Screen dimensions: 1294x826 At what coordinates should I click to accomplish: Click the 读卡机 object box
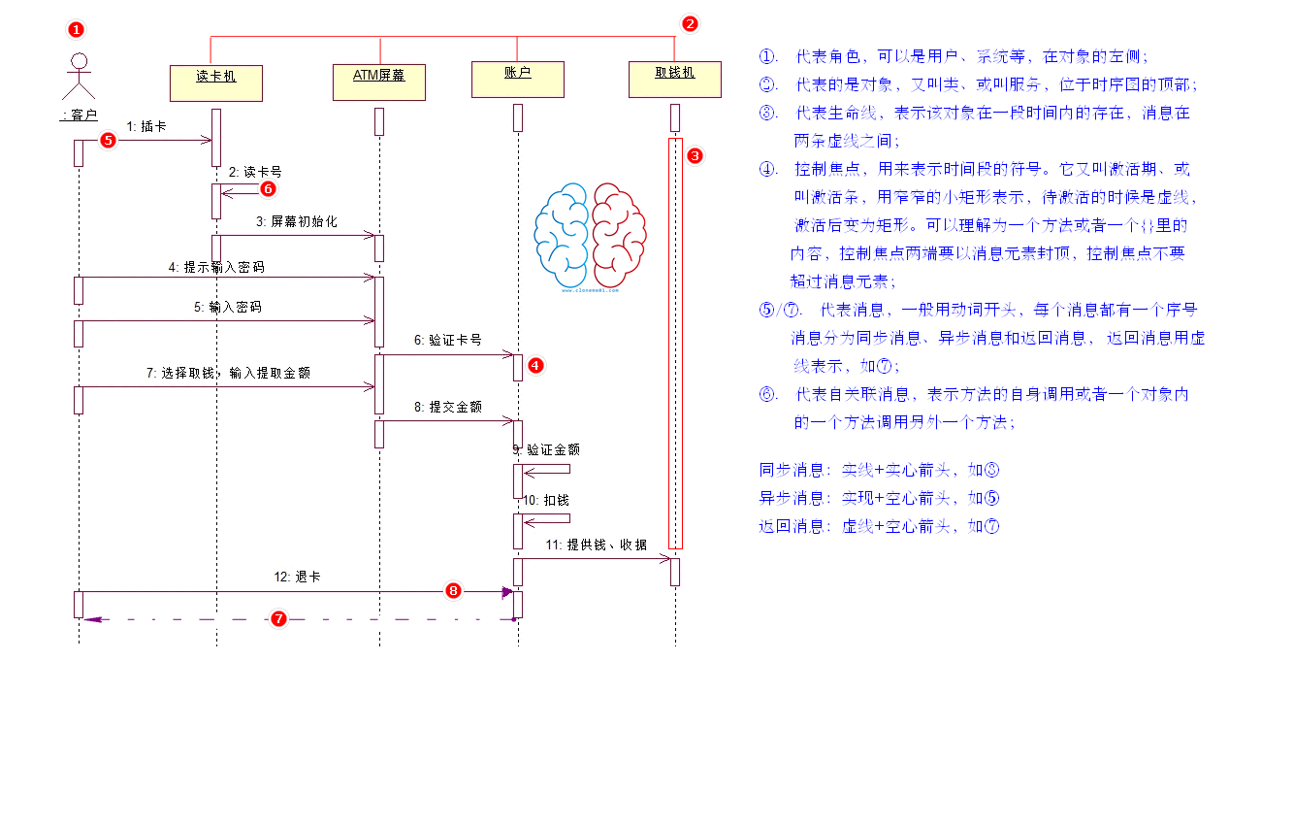216,83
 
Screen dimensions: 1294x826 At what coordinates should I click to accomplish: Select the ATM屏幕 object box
379,82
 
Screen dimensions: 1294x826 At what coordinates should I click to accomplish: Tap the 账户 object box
517,79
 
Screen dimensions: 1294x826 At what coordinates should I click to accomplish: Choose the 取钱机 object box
675,79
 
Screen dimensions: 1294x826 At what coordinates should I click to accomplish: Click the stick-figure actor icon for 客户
79,75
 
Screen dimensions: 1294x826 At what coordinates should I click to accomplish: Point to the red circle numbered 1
76,30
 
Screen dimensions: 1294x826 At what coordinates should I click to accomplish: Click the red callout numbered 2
690,24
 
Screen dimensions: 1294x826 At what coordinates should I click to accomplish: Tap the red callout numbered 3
695,155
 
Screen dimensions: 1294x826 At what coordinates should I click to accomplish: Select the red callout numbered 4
534,365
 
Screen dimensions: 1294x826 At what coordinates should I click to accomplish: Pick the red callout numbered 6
269,189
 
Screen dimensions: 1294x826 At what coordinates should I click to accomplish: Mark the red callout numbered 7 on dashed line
278,618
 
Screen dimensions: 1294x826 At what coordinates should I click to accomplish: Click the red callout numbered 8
453,590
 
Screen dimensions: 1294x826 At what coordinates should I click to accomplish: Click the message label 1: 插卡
146,126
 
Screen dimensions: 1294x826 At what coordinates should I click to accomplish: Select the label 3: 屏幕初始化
296,222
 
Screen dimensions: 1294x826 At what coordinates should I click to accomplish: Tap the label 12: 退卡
297,577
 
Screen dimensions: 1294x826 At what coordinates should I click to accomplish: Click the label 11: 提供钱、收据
595,545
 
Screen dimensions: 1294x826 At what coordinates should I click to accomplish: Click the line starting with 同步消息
879,470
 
